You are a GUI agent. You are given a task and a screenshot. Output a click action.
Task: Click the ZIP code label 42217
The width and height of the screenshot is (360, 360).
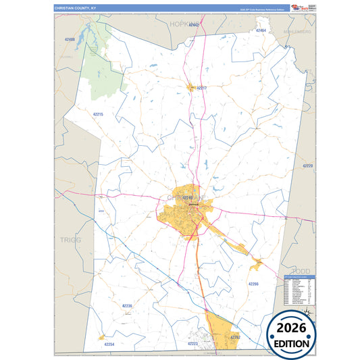point(201,88)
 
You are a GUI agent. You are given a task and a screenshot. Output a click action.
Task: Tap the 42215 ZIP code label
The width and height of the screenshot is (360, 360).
point(98,114)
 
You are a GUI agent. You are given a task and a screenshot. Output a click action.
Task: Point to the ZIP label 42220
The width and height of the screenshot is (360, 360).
point(308,165)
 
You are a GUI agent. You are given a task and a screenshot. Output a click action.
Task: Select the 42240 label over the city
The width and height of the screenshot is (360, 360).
point(188,197)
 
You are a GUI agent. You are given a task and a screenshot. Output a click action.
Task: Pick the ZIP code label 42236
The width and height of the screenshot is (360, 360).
point(128,306)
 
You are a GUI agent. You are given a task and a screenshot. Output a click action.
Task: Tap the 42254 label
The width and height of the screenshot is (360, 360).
point(109,344)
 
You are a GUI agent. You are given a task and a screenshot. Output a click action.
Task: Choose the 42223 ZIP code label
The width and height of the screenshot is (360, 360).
point(192,344)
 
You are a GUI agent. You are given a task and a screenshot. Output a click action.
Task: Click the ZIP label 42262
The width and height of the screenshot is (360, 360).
point(235,336)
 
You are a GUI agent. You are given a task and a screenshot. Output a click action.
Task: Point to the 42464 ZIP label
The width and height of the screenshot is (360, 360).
point(260,31)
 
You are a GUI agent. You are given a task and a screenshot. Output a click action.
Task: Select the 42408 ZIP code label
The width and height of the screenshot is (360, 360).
point(70,40)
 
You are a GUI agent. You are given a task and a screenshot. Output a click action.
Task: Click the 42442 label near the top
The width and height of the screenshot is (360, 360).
point(195,25)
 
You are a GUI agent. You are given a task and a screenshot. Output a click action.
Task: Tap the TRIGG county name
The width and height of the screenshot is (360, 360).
point(70,240)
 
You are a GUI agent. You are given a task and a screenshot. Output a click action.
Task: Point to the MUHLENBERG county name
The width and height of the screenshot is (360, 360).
point(297,32)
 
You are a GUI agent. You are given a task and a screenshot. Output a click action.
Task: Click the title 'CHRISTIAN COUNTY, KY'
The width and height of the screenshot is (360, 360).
point(76,8)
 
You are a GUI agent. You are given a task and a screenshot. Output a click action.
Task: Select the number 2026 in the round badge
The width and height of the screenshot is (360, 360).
point(291,329)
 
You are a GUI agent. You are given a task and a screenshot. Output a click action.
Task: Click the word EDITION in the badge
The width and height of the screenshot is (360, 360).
point(291,342)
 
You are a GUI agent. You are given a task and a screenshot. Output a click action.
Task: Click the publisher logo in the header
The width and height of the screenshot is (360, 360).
point(299,7)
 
